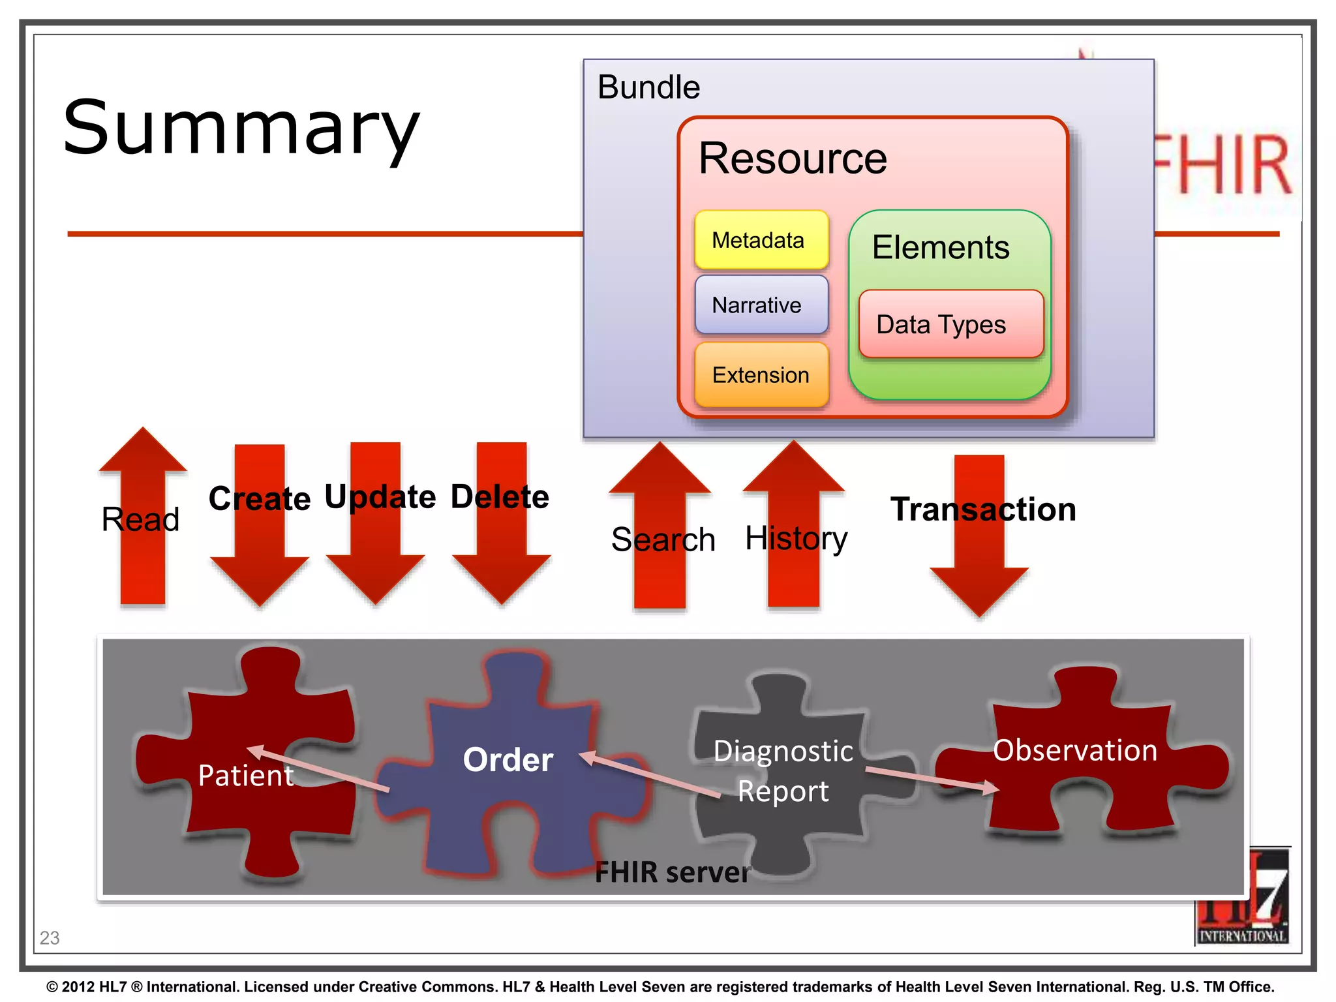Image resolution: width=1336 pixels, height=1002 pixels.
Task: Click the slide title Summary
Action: [241, 128]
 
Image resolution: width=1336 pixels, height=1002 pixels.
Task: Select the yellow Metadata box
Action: [761, 240]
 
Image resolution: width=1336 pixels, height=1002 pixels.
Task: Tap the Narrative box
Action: [761, 305]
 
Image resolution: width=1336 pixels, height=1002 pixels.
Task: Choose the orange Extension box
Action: [761, 375]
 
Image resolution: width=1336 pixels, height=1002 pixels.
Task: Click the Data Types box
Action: [950, 324]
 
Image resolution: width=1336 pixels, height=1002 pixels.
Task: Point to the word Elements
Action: [941, 248]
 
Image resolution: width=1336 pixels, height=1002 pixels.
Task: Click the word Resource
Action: [793, 159]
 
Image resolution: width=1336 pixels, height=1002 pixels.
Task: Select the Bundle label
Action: [648, 87]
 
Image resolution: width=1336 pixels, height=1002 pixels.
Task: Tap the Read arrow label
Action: [140, 520]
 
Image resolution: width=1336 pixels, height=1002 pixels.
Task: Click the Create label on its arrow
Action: [260, 499]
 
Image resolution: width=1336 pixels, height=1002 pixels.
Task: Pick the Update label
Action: [380, 497]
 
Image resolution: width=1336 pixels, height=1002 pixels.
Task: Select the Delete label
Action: [500, 497]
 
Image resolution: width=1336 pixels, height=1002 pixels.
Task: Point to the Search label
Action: [663, 540]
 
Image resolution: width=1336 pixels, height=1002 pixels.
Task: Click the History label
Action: [796, 539]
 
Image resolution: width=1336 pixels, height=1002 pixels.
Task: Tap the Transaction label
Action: [983, 509]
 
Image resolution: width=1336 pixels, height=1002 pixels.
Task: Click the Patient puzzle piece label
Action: [246, 776]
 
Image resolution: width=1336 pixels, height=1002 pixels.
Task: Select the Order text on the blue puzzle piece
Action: [508, 760]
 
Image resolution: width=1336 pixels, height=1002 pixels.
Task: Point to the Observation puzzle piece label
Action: [1075, 750]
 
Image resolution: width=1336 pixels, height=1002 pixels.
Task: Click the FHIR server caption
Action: [672, 872]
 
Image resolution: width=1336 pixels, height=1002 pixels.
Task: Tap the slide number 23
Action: [50, 938]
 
